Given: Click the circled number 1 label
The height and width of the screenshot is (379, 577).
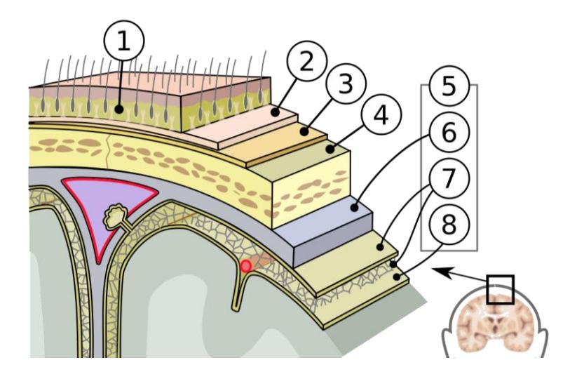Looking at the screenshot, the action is (124, 41).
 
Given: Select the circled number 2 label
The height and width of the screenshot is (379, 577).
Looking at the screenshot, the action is (307, 61).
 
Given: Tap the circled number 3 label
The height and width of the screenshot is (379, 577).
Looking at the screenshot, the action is (346, 84).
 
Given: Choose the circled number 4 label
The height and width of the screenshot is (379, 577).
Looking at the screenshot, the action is (381, 115).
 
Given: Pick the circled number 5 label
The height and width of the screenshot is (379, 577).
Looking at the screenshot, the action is (449, 86).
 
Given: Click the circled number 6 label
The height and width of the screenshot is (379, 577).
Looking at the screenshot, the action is (449, 132).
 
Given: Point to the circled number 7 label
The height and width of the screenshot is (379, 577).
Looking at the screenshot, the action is (449, 178).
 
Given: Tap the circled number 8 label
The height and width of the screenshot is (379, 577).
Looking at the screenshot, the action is (449, 224).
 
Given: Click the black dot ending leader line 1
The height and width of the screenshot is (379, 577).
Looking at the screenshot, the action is (119, 109).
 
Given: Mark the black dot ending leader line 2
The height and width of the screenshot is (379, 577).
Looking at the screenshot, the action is (276, 112).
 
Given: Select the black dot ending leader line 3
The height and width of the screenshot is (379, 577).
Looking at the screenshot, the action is (304, 131).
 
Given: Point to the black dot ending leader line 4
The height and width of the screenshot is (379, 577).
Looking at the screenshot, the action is (330, 149).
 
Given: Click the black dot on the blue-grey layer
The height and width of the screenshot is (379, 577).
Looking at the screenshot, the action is (354, 208).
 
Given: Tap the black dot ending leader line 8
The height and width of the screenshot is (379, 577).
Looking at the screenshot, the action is (397, 277).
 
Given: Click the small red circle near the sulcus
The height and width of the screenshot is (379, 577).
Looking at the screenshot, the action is (246, 266).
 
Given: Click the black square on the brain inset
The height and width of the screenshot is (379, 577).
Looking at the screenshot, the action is (500, 289).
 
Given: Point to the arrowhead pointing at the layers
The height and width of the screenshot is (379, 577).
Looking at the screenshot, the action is (441, 272).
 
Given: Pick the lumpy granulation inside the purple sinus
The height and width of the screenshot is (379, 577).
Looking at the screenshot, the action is (116, 218).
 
